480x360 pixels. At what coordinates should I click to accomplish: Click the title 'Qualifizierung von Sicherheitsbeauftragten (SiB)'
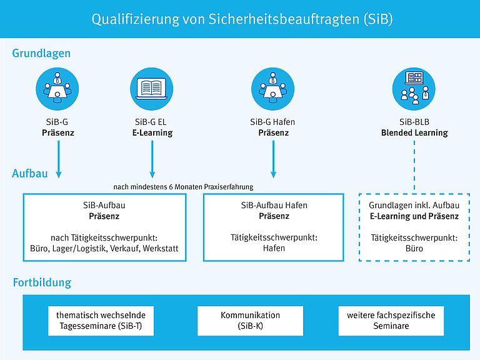242,19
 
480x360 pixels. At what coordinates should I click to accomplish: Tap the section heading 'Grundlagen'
41,54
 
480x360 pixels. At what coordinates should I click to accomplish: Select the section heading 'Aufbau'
30,174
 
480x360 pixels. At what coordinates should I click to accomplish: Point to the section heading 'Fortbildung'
42,282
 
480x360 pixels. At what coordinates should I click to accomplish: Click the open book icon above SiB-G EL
151,89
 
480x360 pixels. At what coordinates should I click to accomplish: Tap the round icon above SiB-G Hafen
272,89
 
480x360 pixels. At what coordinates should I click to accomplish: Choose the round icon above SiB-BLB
414,89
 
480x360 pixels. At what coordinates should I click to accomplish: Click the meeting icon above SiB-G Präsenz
57,89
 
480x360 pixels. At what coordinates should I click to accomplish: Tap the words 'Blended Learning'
414,132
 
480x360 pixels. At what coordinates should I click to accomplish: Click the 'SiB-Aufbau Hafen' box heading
274,205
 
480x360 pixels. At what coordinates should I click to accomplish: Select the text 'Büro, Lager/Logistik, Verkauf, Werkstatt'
105,248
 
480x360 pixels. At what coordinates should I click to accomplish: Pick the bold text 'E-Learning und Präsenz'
414,216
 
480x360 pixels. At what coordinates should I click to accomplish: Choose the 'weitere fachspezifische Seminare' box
391,321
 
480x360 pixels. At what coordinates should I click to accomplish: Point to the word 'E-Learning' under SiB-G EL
152,132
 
